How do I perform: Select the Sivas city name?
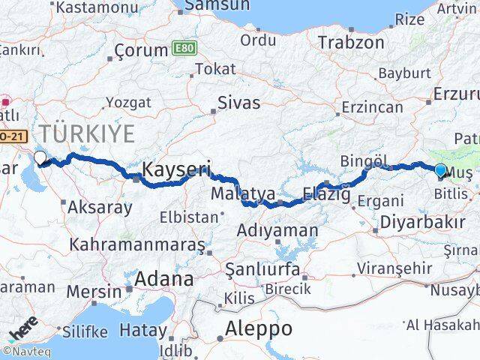[238, 103]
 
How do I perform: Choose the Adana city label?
[163, 279]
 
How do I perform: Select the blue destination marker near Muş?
[440, 169]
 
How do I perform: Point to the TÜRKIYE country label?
[88, 135]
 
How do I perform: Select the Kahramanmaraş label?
[137, 244]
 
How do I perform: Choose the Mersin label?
[94, 291]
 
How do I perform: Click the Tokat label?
[215, 69]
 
